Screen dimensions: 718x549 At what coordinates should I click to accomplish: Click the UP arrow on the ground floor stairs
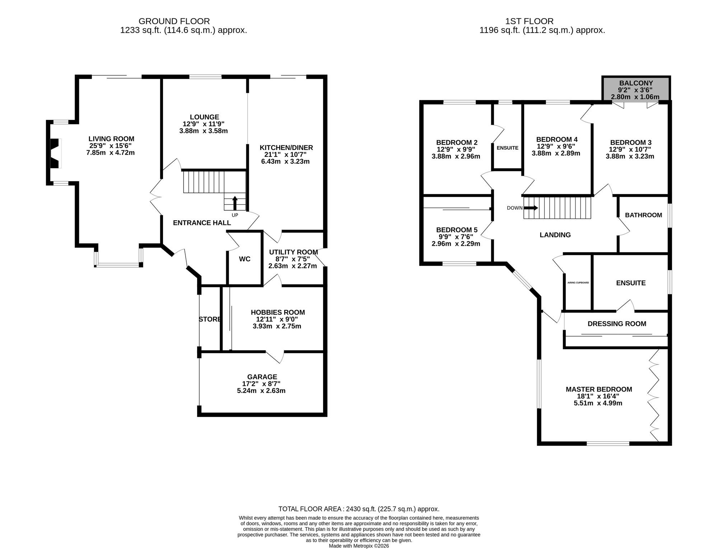(x=235, y=203)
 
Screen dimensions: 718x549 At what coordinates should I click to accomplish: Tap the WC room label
(x=244, y=259)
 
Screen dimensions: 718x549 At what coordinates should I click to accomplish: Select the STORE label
(x=210, y=319)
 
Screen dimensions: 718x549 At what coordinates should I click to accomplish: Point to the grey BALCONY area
(x=636, y=89)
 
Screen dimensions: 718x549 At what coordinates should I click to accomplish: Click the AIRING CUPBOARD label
(x=578, y=283)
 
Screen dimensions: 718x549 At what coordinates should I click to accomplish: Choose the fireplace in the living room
(x=55, y=153)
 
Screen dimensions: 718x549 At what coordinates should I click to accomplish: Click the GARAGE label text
(x=262, y=377)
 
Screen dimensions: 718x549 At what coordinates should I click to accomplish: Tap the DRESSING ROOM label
(x=617, y=324)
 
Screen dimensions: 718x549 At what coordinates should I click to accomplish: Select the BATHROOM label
(x=643, y=215)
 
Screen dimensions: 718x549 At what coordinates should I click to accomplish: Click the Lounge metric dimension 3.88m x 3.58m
(x=204, y=131)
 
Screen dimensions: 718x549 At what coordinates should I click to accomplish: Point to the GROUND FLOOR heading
(x=174, y=22)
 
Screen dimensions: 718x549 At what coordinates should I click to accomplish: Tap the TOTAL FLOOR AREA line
(x=359, y=509)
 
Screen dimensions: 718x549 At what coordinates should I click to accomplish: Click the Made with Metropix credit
(x=359, y=546)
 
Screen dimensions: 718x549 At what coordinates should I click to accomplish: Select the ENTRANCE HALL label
(x=202, y=223)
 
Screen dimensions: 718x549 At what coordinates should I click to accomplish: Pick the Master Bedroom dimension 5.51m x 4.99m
(x=598, y=403)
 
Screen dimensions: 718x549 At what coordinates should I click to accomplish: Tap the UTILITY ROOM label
(x=293, y=252)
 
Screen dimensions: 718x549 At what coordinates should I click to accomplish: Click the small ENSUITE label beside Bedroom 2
(x=507, y=148)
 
